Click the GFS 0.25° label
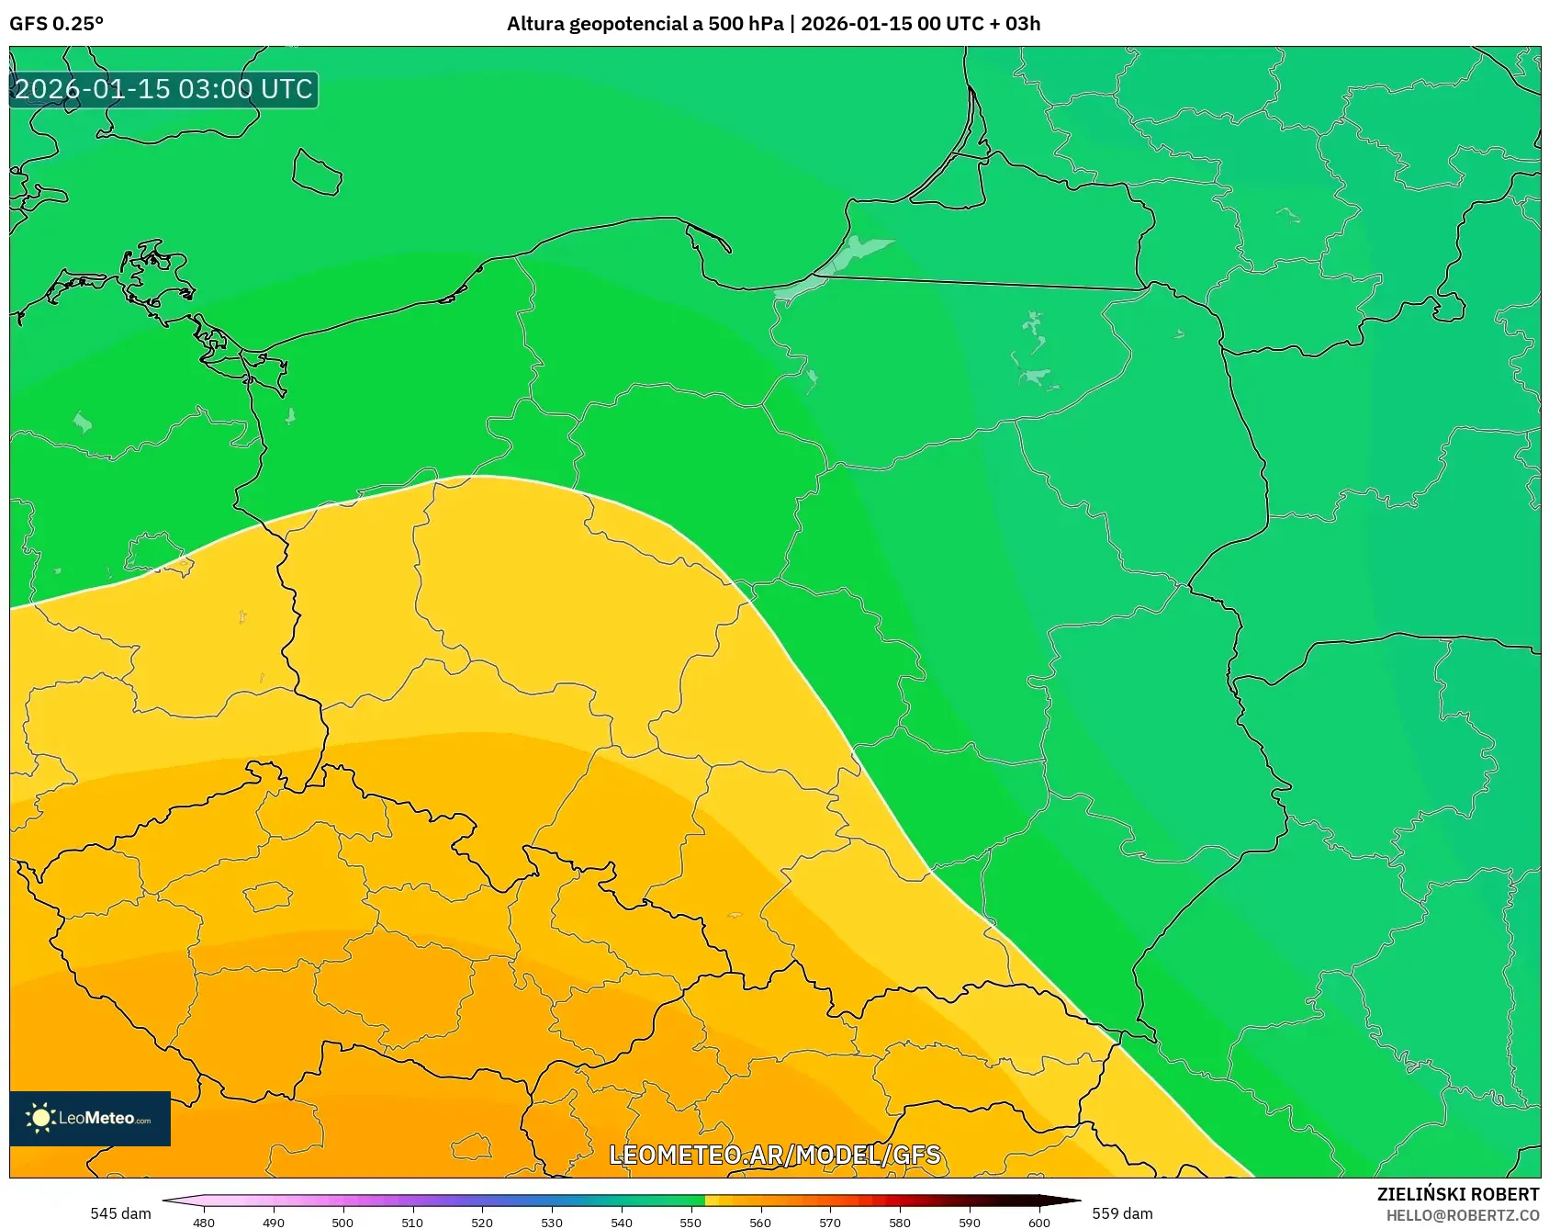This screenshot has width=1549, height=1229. point(56,24)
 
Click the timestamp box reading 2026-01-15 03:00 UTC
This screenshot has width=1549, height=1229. point(163,89)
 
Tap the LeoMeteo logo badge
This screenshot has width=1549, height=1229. point(90,1118)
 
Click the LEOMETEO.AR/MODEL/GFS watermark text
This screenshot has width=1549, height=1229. point(774,1155)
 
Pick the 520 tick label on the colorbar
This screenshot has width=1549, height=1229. point(482,1222)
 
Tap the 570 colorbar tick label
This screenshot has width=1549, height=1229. point(830,1222)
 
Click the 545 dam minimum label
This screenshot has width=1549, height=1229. point(120,1213)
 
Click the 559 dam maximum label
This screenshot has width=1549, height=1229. point(1122,1213)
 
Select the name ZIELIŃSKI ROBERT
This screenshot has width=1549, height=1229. point(1457,1194)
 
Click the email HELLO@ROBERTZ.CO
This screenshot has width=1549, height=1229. point(1462,1215)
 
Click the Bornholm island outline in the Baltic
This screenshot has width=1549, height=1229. point(317,173)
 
